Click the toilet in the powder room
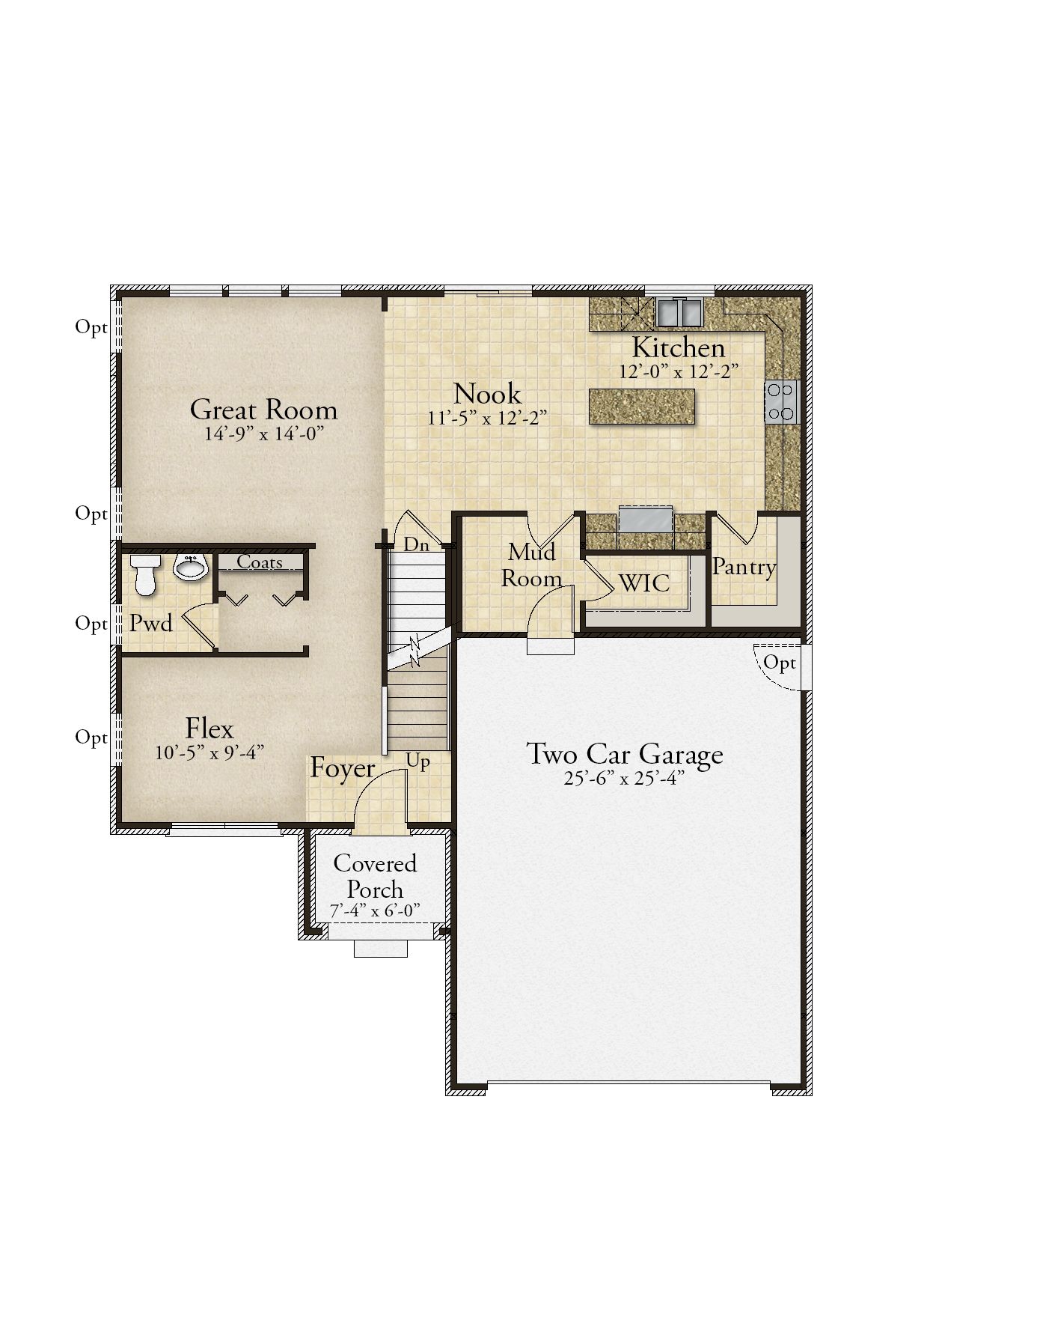[144, 574]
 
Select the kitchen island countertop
[642, 407]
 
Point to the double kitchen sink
[679, 311]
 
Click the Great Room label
[263, 410]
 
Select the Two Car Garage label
[625, 754]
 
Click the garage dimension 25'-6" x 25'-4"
[625, 778]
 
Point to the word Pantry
[744, 568]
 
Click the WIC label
[644, 583]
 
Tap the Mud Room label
[532, 565]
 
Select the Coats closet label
[260, 562]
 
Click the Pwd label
[151, 623]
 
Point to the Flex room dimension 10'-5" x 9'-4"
[209, 752]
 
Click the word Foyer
[343, 769]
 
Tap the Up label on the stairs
[418, 762]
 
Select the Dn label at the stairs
[417, 545]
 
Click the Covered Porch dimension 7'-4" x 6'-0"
[375, 910]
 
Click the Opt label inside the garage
[780, 663]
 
